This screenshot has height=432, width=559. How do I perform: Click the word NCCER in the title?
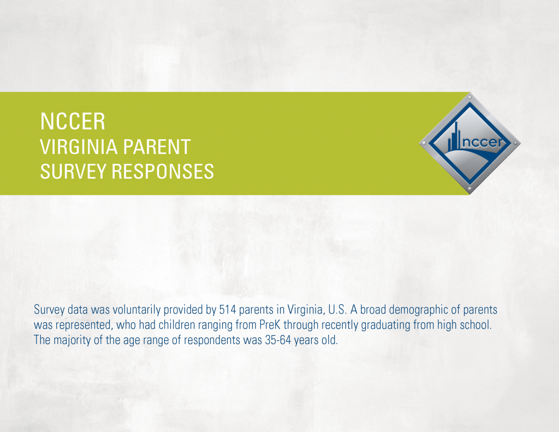click(73, 122)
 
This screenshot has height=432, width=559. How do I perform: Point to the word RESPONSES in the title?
click(163, 171)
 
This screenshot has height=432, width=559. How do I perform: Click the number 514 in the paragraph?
click(228, 310)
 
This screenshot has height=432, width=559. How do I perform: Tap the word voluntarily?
click(135, 310)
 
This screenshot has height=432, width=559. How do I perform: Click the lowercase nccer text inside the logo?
click(482, 142)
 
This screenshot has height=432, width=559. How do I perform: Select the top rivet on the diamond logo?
click(469, 97)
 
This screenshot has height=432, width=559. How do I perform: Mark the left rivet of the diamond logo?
click(424, 143)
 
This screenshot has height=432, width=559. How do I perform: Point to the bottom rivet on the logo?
click(469, 188)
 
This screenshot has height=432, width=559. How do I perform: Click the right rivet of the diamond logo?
click(515, 143)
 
